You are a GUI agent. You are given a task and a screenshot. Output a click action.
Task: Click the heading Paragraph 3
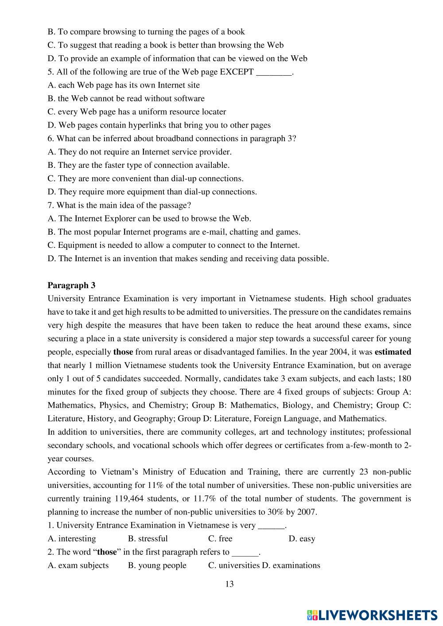(71, 286)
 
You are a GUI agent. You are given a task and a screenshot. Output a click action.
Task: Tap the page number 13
(229, 584)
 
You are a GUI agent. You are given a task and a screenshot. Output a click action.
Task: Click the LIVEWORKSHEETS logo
(372, 615)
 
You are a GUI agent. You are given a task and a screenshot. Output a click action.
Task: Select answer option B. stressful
(148, 539)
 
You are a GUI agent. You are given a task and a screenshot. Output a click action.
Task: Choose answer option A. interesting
(72, 539)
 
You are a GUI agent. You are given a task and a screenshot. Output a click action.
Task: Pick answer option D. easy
(302, 539)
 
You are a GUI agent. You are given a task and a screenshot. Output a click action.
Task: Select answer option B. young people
(157, 565)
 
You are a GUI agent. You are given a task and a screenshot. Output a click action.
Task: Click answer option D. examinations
(291, 565)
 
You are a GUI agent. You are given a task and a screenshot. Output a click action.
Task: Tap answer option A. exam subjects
(78, 565)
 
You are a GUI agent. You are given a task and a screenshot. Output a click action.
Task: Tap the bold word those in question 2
(107, 552)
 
